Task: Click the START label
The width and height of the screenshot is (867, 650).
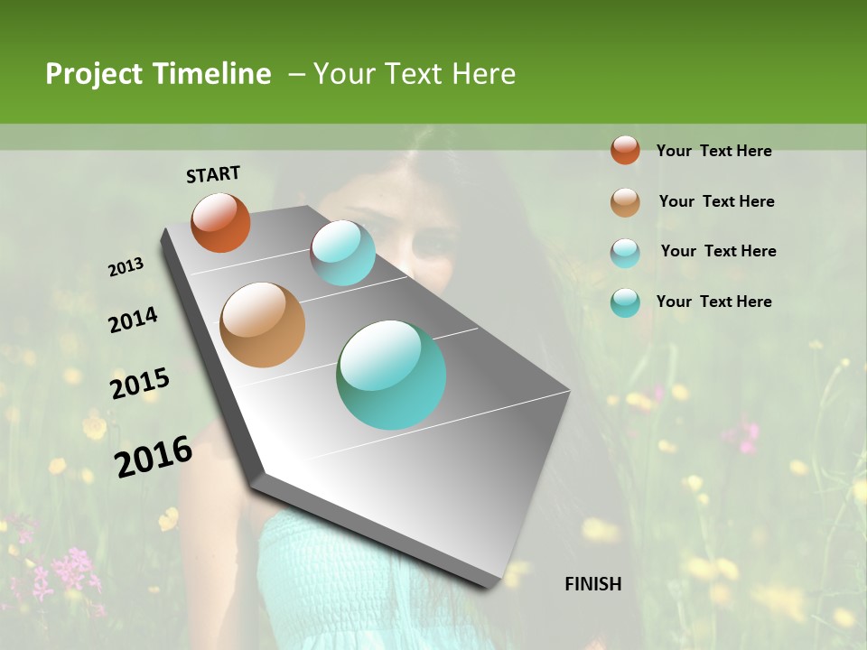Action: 213,174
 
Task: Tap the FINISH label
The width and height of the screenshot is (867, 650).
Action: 592,584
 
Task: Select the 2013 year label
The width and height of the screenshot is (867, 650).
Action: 126,266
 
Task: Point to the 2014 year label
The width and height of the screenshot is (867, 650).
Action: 133,320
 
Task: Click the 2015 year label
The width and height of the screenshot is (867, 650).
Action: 140,384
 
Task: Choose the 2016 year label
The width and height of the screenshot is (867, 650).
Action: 154,457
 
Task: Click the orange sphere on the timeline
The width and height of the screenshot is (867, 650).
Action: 220,222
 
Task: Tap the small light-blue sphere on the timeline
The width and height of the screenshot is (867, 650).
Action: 342,253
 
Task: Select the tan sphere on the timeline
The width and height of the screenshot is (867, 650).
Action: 263,325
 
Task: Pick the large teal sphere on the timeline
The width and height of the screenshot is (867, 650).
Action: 391,375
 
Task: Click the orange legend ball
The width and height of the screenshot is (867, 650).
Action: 625,150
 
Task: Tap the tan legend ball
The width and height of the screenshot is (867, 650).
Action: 625,202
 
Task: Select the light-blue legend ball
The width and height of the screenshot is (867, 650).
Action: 625,253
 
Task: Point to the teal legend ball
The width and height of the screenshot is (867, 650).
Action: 625,302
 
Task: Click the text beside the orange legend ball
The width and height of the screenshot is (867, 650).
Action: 713,151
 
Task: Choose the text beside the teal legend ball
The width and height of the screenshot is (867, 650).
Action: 713,302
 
